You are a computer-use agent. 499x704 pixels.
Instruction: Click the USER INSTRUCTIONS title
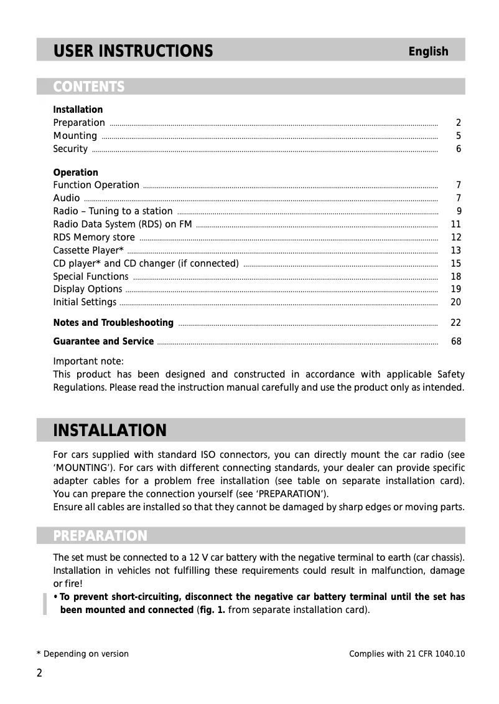(133, 50)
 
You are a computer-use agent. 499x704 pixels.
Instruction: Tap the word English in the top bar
(428, 52)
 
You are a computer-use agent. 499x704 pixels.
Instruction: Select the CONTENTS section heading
(88, 87)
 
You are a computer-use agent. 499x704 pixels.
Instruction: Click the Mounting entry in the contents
(75, 136)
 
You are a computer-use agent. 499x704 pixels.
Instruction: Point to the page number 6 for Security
(458, 149)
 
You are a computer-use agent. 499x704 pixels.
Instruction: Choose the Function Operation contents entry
(96, 185)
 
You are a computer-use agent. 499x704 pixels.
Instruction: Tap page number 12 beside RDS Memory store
(455, 237)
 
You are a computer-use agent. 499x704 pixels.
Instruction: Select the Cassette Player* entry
(88, 250)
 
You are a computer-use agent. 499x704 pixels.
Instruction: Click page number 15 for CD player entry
(455, 264)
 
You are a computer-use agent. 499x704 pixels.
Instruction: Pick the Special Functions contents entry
(90, 277)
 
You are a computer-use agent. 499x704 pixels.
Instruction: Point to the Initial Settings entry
(84, 302)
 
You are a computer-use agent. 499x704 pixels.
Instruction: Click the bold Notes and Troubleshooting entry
(113, 323)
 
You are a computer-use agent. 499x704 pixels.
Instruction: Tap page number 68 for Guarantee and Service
(455, 341)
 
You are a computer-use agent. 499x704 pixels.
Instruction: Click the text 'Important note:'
(88, 361)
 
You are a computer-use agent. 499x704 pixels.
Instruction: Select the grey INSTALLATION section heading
(110, 430)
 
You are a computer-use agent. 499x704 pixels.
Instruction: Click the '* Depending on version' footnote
(82, 654)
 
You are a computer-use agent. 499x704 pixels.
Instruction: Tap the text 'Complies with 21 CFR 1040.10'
(407, 654)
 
